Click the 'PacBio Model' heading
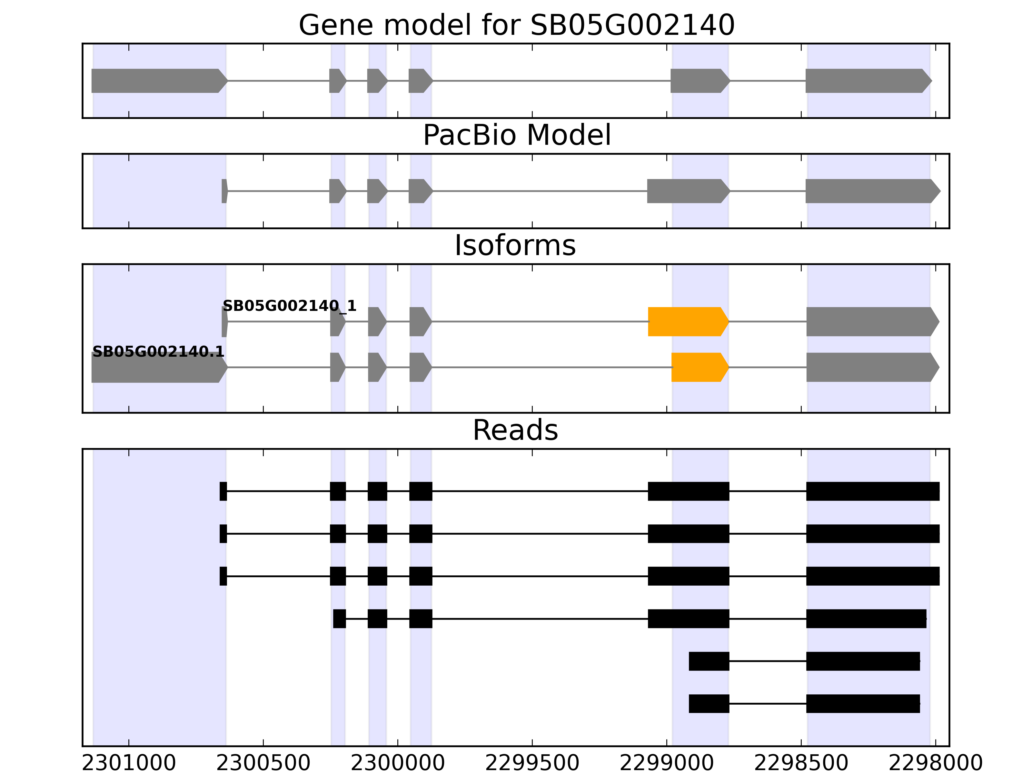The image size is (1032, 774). [x=516, y=135]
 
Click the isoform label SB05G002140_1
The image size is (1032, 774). [x=289, y=306]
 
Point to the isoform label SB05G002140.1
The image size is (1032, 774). [x=158, y=352]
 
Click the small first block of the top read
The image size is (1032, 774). [x=223, y=491]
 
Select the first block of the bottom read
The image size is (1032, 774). [x=709, y=704]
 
